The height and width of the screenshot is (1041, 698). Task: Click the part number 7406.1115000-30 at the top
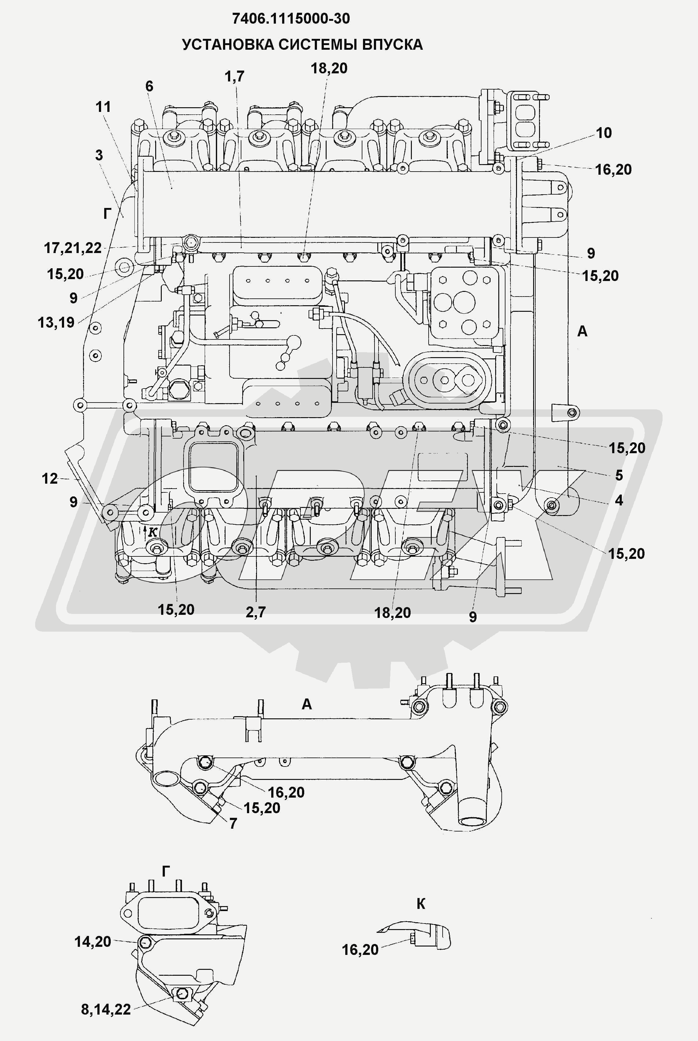[x=291, y=19]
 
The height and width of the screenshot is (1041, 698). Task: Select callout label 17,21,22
[x=73, y=248]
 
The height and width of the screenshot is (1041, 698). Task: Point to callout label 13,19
[x=56, y=323]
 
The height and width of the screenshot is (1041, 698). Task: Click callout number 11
[x=103, y=107]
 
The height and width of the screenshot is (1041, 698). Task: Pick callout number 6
[x=149, y=86]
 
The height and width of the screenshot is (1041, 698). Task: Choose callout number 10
[x=604, y=132]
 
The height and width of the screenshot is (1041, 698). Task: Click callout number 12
[x=50, y=479]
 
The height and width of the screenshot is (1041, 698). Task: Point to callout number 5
[x=619, y=475]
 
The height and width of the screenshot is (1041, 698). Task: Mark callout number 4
[x=619, y=500]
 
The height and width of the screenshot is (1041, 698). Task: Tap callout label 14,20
[x=93, y=942]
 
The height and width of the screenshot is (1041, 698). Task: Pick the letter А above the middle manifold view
[x=307, y=704]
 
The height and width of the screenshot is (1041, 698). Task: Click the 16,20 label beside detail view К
[x=360, y=950]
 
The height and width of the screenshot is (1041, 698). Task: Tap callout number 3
[x=99, y=155]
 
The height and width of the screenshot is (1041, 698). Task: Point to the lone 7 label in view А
[x=233, y=823]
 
